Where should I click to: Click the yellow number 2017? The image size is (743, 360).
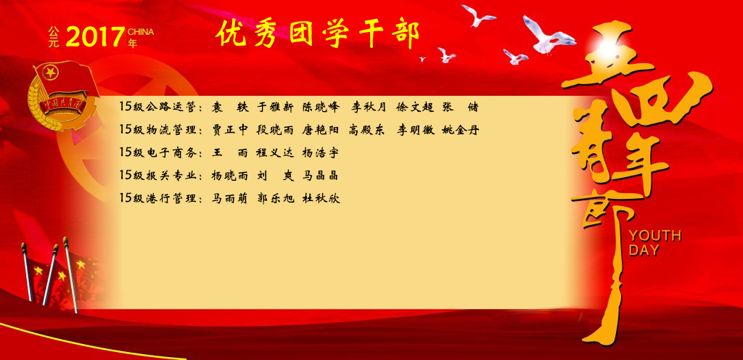(95, 37)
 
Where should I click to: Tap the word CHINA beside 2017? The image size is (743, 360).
(141, 32)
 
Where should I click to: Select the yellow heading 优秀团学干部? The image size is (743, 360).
(318, 34)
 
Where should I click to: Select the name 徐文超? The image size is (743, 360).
(415, 107)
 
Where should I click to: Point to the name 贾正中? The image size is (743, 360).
(229, 130)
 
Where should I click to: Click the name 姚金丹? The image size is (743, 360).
(461, 130)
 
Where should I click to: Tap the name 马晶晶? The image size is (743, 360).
(321, 175)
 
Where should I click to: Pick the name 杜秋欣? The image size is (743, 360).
(321, 198)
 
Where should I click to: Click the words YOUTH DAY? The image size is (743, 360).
(655, 242)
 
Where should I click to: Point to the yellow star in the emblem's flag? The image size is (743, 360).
(50, 73)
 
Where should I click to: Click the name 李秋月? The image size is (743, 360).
(369, 107)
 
